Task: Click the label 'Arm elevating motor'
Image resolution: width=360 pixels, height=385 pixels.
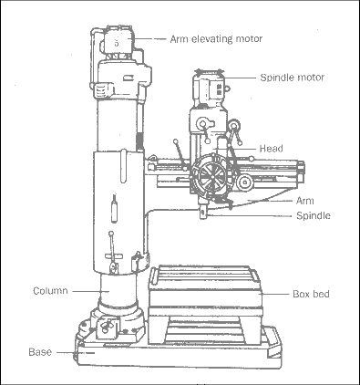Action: [x=216, y=39]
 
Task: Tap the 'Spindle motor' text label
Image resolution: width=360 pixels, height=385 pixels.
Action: [x=293, y=78]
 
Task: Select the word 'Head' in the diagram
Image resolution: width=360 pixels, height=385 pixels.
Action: [x=271, y=149]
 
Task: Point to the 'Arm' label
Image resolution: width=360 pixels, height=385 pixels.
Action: [x=304, y=201]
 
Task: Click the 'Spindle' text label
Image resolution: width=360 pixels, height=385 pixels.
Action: [x=314, y=215]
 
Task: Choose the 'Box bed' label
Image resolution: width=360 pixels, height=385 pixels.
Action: [x=311, y=294]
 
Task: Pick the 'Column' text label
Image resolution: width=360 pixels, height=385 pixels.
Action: [x=50, y=291]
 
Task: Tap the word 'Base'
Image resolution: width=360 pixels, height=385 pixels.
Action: [x=40, y=352]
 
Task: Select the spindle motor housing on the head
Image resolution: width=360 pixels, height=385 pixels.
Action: [x=209, y=88]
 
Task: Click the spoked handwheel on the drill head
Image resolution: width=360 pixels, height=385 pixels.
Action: [x=212, y=175]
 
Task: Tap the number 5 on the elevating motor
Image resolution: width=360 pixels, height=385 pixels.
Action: [x=117, y=42]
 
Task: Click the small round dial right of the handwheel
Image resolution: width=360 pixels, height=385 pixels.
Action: [x=244, y=182]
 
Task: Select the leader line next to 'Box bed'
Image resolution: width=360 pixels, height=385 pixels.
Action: [x=275, y=294]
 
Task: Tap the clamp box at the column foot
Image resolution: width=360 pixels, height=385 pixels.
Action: [x=107, y=328]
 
